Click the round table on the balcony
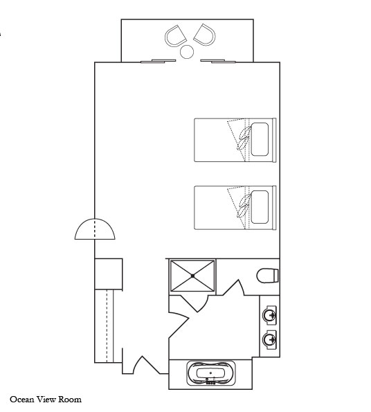pyautogui.click(x=187, y=52)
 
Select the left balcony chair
pyautogui.click(x=175, y=36)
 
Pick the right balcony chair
pyautogui.click(x=205, y=35)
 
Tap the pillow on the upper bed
pyautogui.click(x=260, y=139)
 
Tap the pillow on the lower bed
pyautogui.click(x=260, y=207)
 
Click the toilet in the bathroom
pyautogui.click(x=267, y=276)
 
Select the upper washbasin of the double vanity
pyautogui.click(x=270, y=314)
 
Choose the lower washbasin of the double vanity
pyautogui.click(x=270, y=339)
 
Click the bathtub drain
pyautogui.click(x=210, y=373)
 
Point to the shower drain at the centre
pyautogui.click(x=192, y=276)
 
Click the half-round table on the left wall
pyautogui.click(x=95, y=229)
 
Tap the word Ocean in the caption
pyautogui.click(x=22, y=400)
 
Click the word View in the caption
pyautogui.click(x=46, y=400)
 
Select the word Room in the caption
pyautogui.click(x=70, y=400)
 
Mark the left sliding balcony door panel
pyautogui.click(x=158, y=61)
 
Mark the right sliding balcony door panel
pyautogui.click(x=218, y=61)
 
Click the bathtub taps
pyautogui.click(x=211, y=382)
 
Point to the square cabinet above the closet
pyautogui.click(x=109, y=274)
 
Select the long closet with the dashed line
pyautogui.click(x=104, y=326)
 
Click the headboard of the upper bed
pyautogui.click(x=274, y=140)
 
